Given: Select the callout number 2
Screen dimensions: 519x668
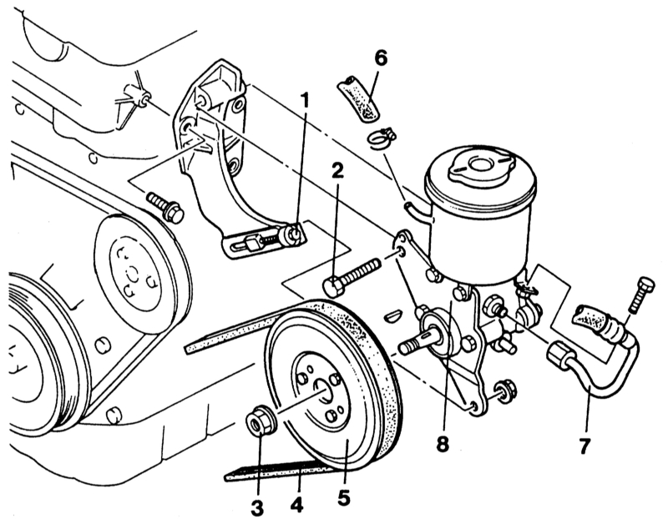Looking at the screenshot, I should [337, 173].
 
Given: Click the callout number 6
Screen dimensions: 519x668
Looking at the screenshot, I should [381, 58].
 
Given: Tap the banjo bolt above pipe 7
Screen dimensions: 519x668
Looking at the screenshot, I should [644, 295].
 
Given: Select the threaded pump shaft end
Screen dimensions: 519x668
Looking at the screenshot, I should [412, 342].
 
